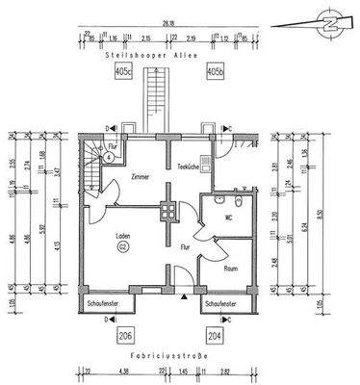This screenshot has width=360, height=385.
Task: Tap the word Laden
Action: pyautogui.click(x=123, y=236)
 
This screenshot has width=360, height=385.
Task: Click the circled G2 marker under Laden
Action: pyautogui.click(x=123, y=247)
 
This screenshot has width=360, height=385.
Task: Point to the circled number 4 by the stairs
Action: pyautogui.click(x=109, y=156)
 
